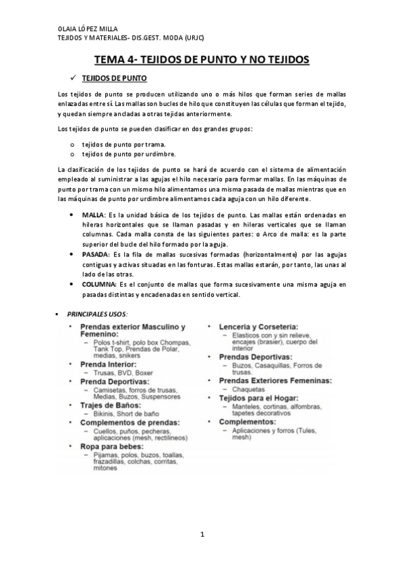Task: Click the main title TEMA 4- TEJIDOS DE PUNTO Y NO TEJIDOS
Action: click(x=201, y=60)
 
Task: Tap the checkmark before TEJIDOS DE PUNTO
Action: click(x=74, y=78)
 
